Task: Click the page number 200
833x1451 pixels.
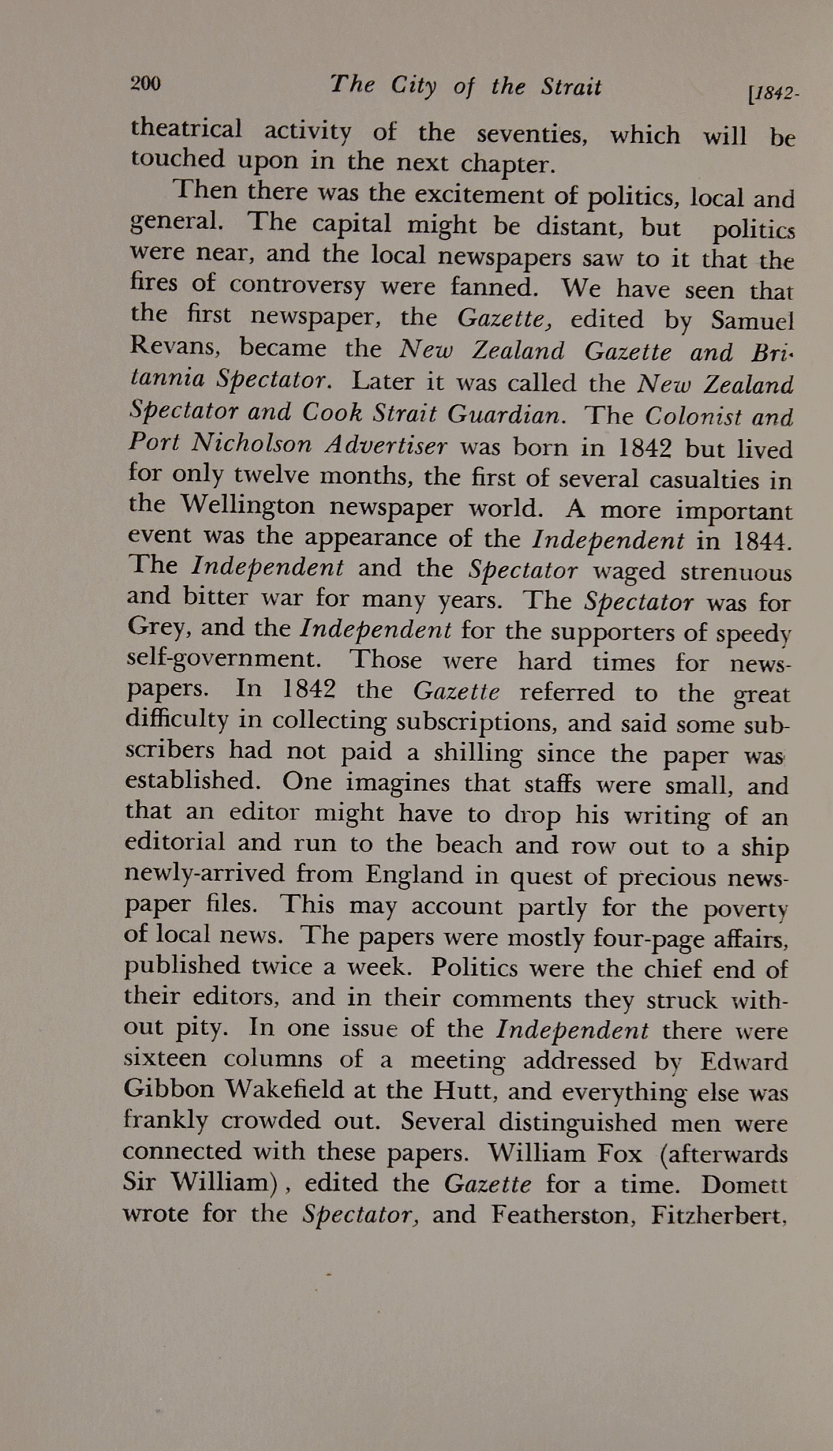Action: [x=145, y=84]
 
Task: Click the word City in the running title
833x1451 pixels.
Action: [x=413, y=87]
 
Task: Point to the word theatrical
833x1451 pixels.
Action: [x=185, y=129]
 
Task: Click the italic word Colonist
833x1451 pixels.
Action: [x=693, y=417]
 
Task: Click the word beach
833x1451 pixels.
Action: [x=469, y=845]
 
